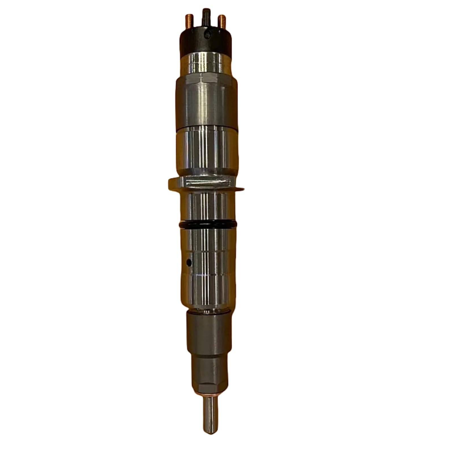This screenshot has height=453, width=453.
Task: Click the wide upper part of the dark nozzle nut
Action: [x=209, y=331]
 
